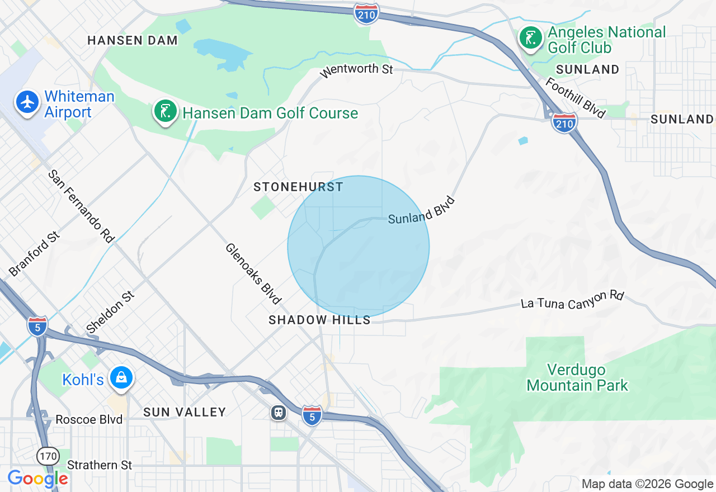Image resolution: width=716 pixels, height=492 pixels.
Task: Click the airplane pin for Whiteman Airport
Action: pyautogui.click(x=27, y=103)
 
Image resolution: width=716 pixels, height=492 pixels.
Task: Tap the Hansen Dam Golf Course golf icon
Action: pyautogui.click(x=165, y=112)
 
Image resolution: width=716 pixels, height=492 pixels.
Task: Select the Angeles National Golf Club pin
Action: pyautogui.click(x=531, y=38)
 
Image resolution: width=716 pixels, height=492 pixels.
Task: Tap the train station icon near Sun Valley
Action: pyautogui.click(x=278, y=413)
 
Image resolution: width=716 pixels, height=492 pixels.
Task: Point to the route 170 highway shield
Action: pyautogui.click(x=48, y=456)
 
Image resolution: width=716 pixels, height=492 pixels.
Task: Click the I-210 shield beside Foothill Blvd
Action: pyautogui.click(x=564, y=122)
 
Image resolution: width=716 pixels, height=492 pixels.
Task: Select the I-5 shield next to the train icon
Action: pyautogui.click(x=312, y=415)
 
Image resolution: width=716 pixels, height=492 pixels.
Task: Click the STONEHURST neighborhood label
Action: pyautogui.click(x=298, y=187)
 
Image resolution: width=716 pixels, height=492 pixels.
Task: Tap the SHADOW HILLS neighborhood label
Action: pyautogui.click(x=319, y=320)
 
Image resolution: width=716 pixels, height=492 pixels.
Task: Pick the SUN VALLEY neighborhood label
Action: pyautogui.click(x=185, y=412)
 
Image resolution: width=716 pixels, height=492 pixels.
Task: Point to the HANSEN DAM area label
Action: pyautogui.click(x=133, y=40)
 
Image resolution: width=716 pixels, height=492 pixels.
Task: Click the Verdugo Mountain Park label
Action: pyautogui.click(x=577, y=377)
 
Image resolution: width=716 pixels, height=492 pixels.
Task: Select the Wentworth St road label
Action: pyautogui.click(x=356, y=70)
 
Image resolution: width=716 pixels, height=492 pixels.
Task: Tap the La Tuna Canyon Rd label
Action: pyautogui.click(x=572, y=300)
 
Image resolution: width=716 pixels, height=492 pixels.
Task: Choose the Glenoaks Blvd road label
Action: pyautogui.click(x=253, y=274)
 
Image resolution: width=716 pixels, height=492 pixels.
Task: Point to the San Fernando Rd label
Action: pyautogui.click(x=81, y=206)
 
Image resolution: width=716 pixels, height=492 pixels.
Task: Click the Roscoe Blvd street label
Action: pyautogui.click(x=89, y=419)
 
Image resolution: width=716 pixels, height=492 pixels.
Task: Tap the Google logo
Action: pyautogui.click(x=37, y=479)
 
